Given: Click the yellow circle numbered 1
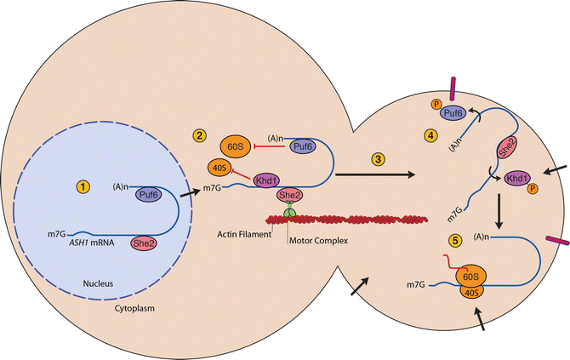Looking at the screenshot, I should pyautogui.click(x=83, y=185).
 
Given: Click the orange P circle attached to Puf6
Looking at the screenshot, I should pyautogui.click(x=436, y=106).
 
